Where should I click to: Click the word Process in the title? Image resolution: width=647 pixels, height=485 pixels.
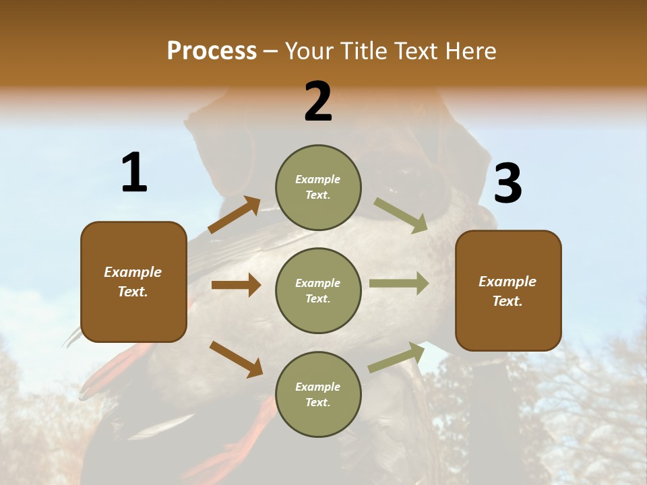point(212,51)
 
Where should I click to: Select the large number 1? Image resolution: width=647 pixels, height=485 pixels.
point(134,173)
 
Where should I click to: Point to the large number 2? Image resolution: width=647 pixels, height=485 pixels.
point(318,102)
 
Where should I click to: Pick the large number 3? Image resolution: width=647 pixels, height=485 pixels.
point(507,183)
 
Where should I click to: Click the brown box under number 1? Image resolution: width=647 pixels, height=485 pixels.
point(133,282)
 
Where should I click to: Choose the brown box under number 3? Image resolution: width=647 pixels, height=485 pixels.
point(508,291)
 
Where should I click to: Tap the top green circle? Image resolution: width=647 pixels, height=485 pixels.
point(318,187)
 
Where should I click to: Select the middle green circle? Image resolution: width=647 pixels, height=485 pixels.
point(318,291)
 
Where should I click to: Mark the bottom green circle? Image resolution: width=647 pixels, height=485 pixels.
point(318,395)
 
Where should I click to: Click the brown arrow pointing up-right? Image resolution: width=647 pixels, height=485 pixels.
point(235,215)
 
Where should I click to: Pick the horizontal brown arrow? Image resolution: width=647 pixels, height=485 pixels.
point(236,285)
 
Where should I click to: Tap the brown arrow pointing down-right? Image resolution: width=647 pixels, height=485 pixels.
point(236,359)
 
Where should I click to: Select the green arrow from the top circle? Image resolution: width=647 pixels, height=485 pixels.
point(400,215)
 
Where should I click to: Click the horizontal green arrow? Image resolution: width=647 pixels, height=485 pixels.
point(399,284)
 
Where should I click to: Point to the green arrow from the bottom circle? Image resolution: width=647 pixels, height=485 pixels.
point(396,357)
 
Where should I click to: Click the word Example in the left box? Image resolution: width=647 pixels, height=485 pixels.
point(133,272)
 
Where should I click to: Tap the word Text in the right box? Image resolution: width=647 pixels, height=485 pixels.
point(506,301)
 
